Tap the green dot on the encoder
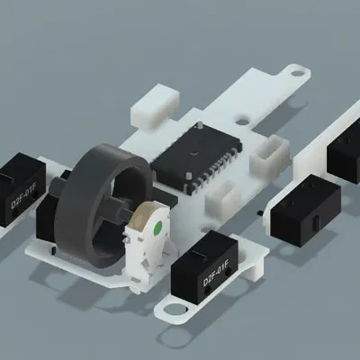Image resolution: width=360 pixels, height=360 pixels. click(x=157, y=229)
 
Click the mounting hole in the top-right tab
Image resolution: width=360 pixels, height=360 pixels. click(x=294, y=70)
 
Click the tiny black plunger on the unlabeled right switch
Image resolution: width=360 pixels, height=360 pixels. click(x=262, y=212)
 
